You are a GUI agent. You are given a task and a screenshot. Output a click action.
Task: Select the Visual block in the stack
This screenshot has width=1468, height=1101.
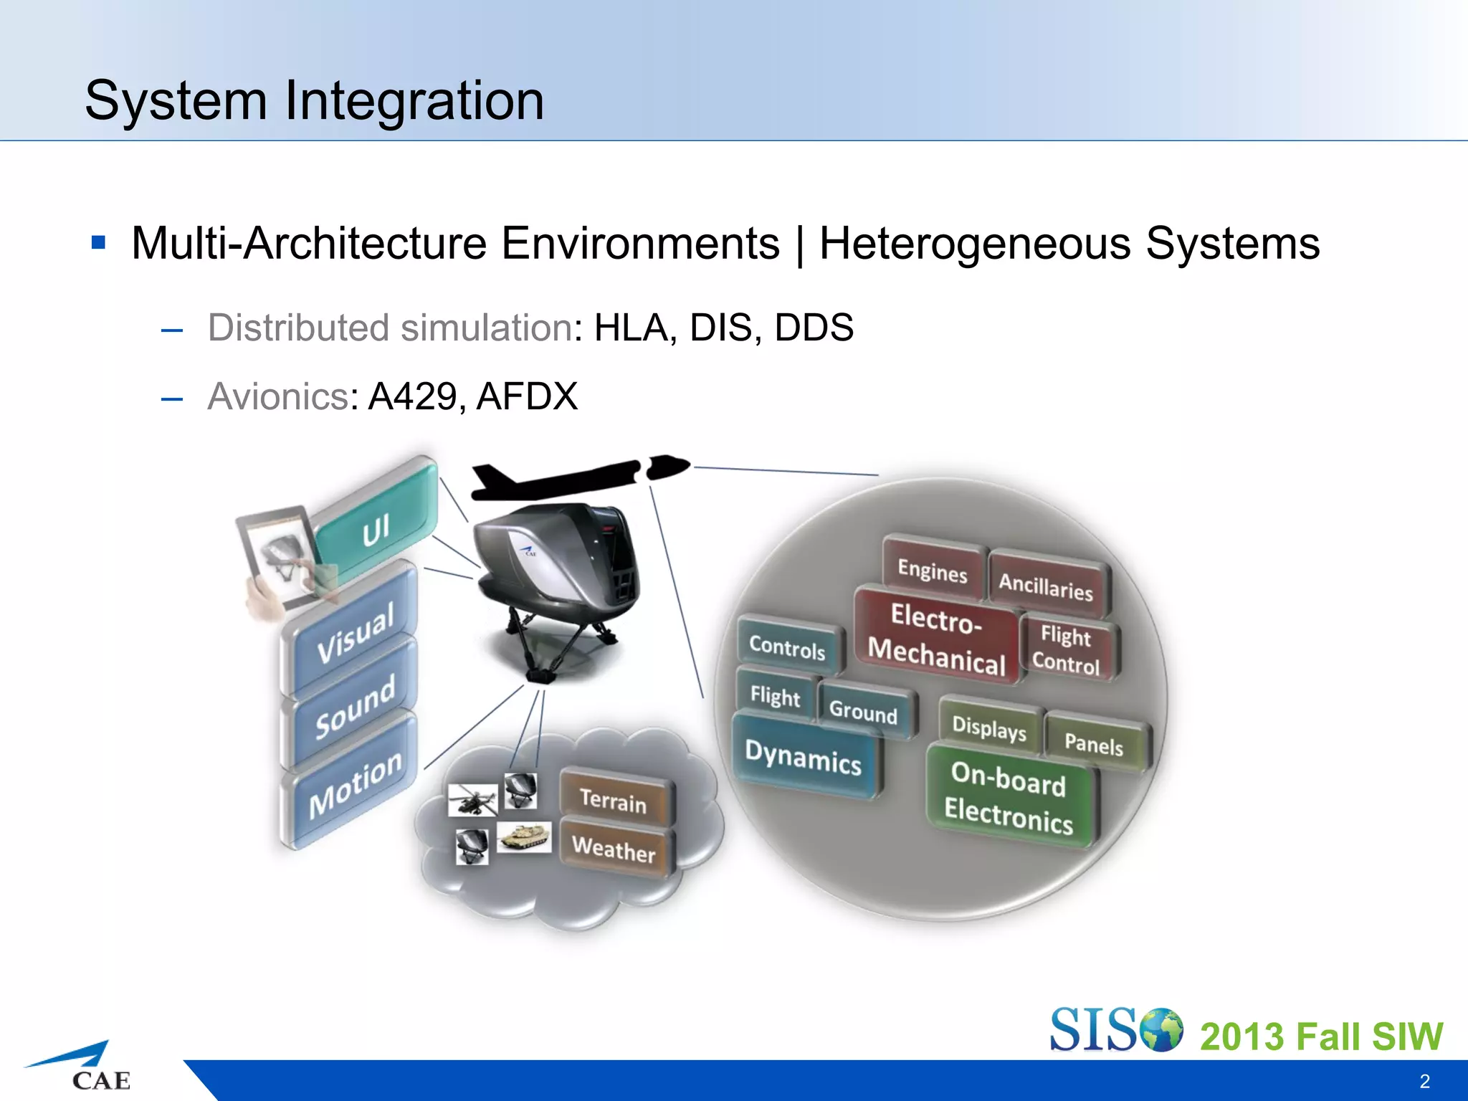(x=355, y=630)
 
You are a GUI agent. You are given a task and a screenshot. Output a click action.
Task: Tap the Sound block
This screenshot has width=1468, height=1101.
(x=355, y=706)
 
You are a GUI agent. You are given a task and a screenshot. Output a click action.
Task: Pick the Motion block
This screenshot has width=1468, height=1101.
(x=355, y=784)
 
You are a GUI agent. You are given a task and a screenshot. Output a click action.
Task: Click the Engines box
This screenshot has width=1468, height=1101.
(x=932, y=571)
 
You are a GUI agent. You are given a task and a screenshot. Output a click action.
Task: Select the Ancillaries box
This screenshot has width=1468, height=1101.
(x=1046, y=586)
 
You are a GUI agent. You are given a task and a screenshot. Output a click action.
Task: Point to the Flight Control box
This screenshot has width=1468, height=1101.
(x=1066, y=649)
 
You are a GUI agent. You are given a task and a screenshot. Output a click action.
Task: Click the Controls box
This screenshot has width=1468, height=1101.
(x=787, y=647)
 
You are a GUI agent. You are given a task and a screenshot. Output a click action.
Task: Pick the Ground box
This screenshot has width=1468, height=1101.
(x=863, y=711)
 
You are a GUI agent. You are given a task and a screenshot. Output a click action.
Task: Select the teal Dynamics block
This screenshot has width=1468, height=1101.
(x=803, y=757)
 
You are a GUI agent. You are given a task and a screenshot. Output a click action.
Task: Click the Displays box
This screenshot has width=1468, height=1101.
(x=989, y=728)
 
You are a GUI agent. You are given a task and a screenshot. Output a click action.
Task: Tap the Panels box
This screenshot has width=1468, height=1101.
(x=1094, y=743)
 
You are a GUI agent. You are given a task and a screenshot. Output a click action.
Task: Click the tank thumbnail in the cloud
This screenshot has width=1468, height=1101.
(x=524, y=837)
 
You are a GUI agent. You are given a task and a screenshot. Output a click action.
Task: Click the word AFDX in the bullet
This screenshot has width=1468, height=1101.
(x=527, y=396)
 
